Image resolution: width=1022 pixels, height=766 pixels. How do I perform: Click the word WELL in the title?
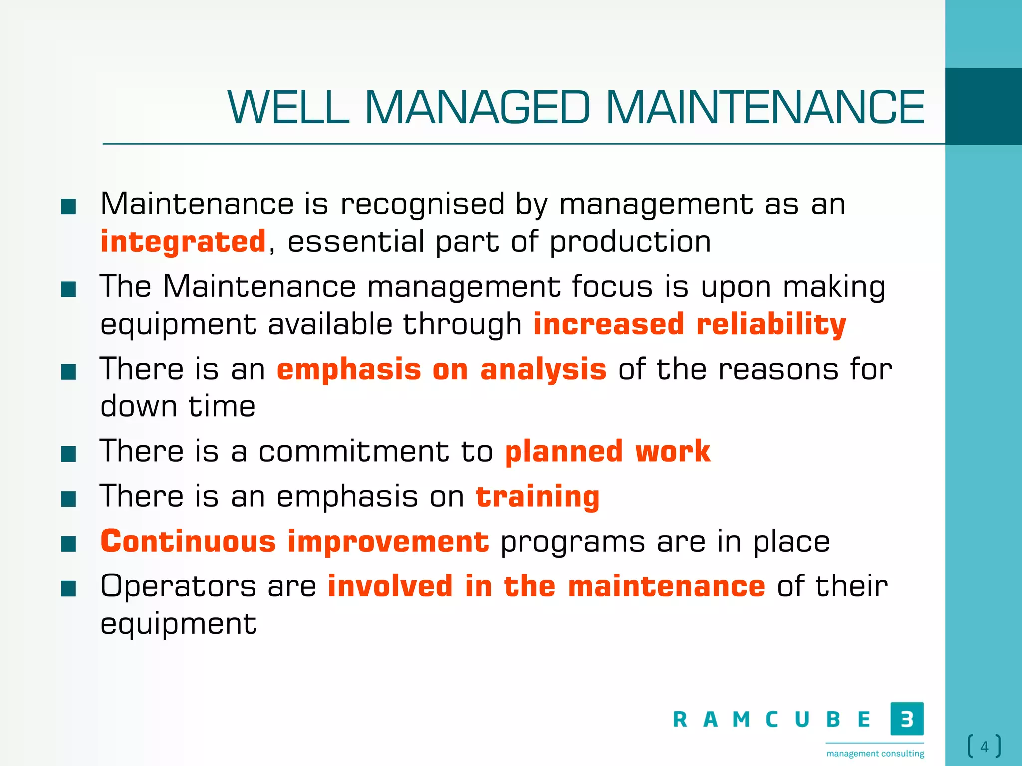pos(288,107)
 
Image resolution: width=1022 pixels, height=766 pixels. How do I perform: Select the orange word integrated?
pos(183,242)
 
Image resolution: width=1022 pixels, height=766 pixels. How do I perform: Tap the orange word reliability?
pos(771,325)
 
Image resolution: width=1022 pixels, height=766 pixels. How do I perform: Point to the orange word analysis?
pos(543,370)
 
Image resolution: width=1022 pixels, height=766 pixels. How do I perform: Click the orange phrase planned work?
pos(607,452)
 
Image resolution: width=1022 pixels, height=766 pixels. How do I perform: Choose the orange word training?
pos(537,497)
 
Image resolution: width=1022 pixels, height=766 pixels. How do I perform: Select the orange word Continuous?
pos(188,542)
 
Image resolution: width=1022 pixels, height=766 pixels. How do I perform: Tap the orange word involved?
pos(390,586)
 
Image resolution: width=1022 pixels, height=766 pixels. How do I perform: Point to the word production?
pos(630,242)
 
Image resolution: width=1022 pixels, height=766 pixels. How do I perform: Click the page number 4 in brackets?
pos(984,747)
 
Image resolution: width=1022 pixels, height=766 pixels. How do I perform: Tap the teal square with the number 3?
pos(907,719)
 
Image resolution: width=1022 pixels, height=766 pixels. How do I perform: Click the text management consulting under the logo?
pos(875,753)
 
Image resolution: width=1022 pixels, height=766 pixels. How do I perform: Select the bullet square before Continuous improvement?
pos(68,544)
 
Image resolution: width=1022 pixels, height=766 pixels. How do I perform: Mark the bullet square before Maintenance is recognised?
pos(68,206)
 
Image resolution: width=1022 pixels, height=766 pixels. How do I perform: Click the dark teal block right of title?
pos(983,106)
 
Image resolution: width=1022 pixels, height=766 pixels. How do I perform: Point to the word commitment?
pos(353,452)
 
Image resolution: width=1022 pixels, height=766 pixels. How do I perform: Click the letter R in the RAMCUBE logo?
pos(680,720)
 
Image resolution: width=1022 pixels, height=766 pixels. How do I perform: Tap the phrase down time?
pos(178,406)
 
